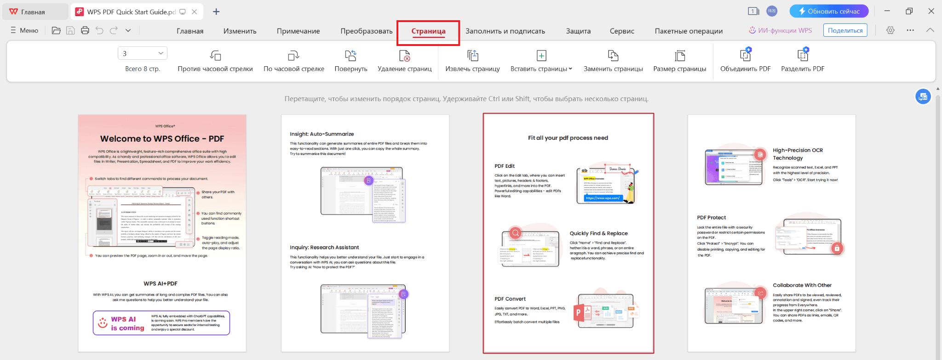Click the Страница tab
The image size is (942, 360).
(x=428, y=31)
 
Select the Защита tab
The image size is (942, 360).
(x=578, y=31)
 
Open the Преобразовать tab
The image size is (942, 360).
(x=366, y=31)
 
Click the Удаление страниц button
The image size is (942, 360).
(x=404, y=61)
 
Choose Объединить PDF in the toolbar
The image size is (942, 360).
(x=745, y=61)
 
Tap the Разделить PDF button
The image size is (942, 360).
(x=803, y=61)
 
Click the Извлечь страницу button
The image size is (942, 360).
(x=472, y=61)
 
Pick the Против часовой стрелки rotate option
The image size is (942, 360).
(x=215, y=61)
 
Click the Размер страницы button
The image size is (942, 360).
(x=679, y=61)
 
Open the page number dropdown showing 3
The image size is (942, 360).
(x=161, y=53)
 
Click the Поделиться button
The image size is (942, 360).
(x=845, y=30)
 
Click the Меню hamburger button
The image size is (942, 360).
(x=24, y=30)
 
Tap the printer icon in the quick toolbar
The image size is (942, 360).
(x=85, y=30)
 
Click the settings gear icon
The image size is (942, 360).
(x=890, y=30)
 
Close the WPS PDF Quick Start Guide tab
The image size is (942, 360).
(x=195, y=12)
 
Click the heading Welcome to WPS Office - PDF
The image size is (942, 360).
(x=162, y=139)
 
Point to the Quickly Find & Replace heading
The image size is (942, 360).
(x=598, y=234)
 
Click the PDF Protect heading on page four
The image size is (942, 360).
(x=711, y=218)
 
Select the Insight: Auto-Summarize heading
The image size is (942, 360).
(x=322, y=134)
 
